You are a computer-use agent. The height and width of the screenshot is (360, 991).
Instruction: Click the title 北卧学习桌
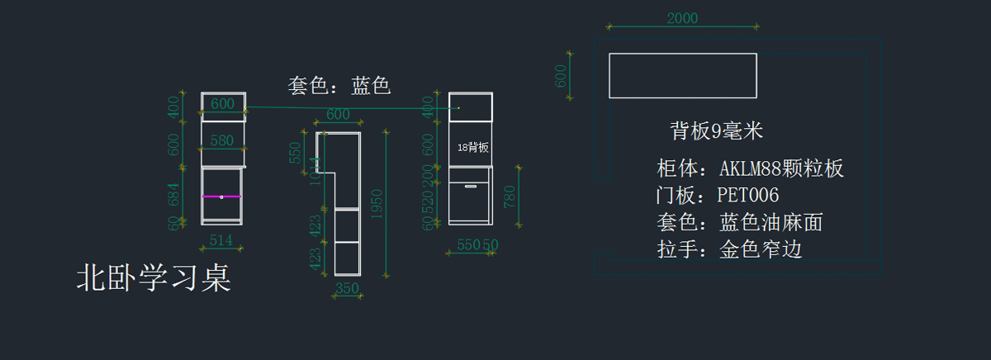pos(153,278)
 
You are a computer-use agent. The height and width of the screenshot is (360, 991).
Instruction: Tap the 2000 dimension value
pos(682,18)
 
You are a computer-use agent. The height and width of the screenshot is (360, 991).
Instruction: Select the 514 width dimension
pos(220,240)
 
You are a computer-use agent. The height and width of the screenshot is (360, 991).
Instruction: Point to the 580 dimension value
pos(222,140)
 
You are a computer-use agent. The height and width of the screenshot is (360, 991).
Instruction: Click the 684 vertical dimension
pos(174,196)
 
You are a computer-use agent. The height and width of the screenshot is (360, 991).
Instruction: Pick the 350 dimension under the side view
pos(348,288)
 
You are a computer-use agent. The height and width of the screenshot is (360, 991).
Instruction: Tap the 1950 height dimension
pos(376,202)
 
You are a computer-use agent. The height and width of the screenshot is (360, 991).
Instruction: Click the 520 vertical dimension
pos(427,204)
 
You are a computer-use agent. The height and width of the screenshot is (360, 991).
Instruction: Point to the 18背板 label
pos(473,147)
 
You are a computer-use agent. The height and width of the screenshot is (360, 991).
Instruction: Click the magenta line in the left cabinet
pos(221,197)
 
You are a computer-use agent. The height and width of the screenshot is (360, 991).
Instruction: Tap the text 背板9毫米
pos(716,130)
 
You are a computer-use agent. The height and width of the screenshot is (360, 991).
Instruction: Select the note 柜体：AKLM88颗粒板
pos(750,169)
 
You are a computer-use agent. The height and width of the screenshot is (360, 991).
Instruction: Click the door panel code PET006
pos(718,196)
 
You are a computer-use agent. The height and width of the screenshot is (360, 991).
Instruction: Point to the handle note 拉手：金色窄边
pos(729,249)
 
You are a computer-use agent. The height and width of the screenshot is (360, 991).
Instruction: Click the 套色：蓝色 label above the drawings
pos(339,85)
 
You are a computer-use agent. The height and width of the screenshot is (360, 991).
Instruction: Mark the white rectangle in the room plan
pos(682,75)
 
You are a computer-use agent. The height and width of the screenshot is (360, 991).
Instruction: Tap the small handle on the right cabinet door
pos(471,187)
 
